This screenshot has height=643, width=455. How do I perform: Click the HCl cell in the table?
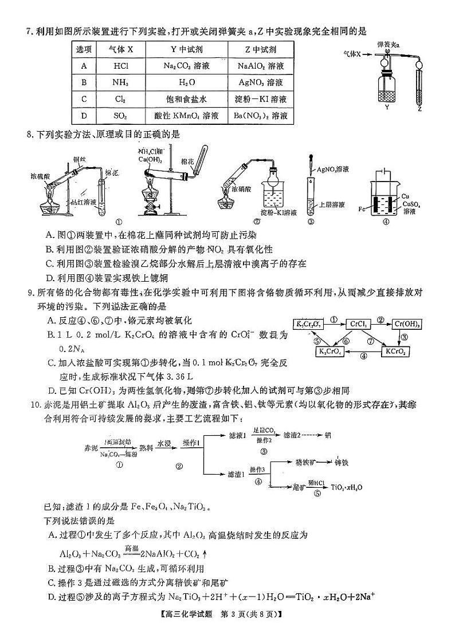click(x=120, y=66)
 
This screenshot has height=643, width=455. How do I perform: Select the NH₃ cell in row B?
click(x=120, y=82)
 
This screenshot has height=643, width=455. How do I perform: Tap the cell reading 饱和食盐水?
click(x=186, y=99)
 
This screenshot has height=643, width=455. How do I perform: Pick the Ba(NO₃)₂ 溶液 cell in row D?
click(x=261, y=116)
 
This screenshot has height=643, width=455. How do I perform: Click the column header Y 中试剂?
click(x=186, y=49)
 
